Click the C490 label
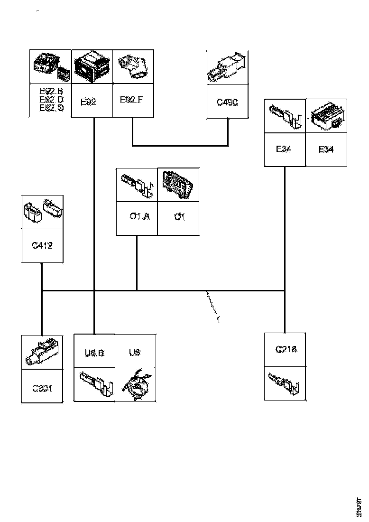pos(227,102)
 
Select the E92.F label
pos(131,100)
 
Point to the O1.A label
pos(139,217)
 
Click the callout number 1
pos(219,320)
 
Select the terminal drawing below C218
pos(285,382)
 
